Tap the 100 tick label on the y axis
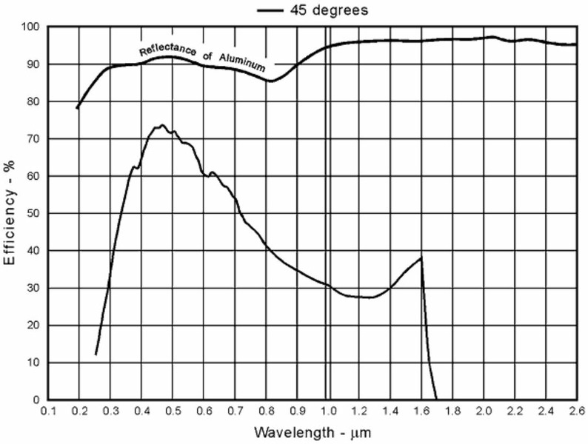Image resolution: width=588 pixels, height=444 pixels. pos(30,27)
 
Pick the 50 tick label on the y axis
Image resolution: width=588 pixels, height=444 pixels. pos(33,214)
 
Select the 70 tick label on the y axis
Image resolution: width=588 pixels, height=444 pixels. pos(33,139)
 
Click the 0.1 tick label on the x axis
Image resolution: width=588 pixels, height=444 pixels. pos(49,410)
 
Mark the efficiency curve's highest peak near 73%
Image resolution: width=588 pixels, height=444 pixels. pos(161,126)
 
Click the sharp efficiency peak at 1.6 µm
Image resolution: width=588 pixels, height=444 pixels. pos(421,258)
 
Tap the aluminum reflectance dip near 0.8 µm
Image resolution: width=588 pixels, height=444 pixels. pos(270,81)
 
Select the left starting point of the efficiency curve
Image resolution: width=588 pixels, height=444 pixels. pos(96,355)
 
